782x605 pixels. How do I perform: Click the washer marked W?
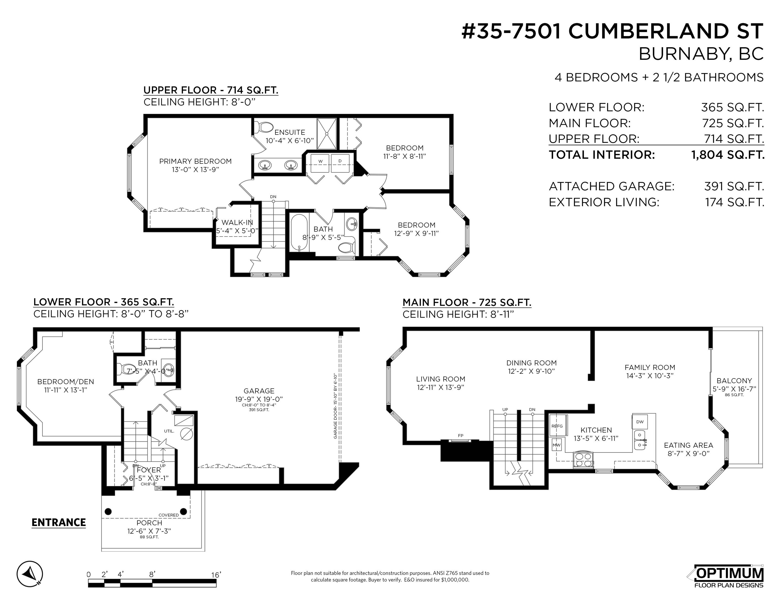point(321,163)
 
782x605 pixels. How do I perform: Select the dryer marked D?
point(341,163)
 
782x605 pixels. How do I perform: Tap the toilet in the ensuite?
point(264,127)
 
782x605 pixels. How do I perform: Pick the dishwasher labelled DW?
point(640,422)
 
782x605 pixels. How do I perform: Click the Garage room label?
point(259,391)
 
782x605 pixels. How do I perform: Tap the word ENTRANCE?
point(59,523)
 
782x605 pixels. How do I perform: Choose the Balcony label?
point(734,381)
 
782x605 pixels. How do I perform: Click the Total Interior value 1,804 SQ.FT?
point(728,155)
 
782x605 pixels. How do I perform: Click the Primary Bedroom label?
point(195,161)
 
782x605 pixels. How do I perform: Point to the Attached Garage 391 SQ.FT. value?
point(734,186)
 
